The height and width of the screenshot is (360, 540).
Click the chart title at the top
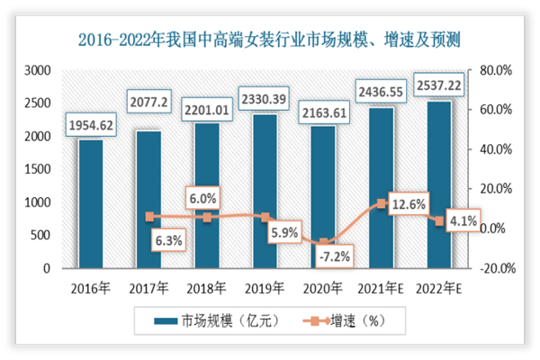coord(270,38)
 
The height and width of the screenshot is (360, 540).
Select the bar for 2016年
coord(90,203)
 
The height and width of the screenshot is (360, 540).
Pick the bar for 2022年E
coord(439,184)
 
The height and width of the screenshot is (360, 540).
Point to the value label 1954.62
coord(90,125)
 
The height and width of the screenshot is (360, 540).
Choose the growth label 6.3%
coord(168,240)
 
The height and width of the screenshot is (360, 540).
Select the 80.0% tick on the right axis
coord(495,70)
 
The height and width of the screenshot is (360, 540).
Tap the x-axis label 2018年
coord(207,289)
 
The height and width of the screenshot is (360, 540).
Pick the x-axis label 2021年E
coord(381,289)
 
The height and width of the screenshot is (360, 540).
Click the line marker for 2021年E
coord(382,204)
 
